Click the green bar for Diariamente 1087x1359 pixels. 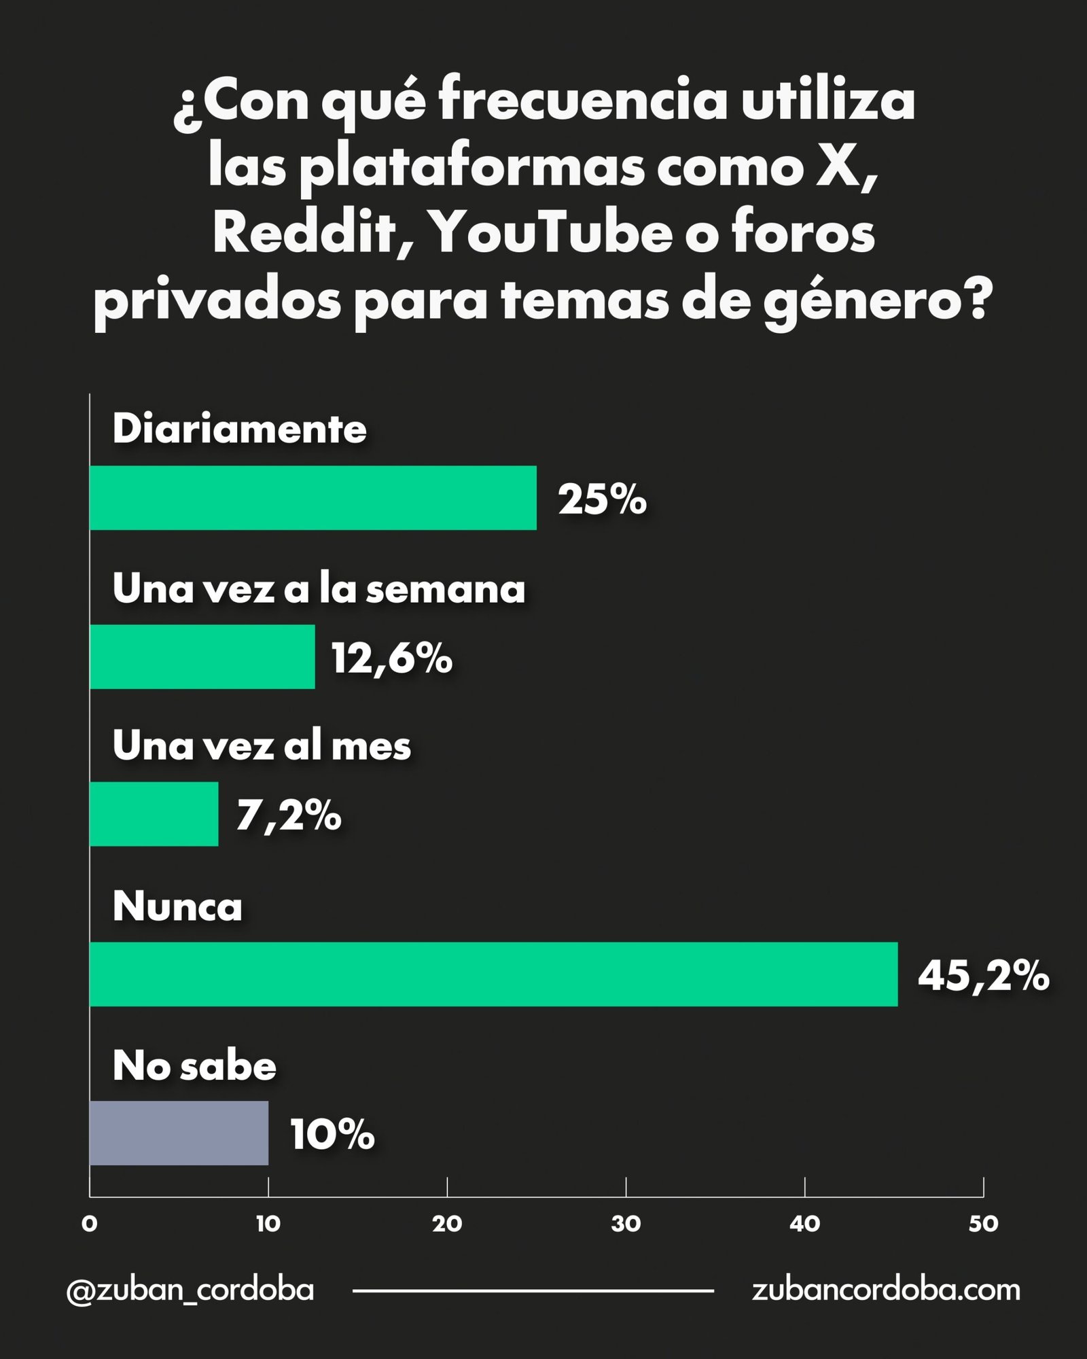[x=313, y=497]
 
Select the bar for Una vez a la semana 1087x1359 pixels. [x=202, y=656]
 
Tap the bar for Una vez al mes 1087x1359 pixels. [x=154, y=814]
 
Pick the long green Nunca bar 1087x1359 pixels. [x=494, y=974]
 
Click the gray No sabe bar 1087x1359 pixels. [x=179, y=1133]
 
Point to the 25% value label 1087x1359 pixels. [x=602, y=499]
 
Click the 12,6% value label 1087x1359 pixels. [x=392, y=659]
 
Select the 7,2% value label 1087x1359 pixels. [x=289, y=815]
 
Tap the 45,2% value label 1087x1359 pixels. [x=984, y=976]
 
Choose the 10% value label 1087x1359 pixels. [x=332, y=1135]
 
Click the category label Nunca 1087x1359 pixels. [x=177, y=906]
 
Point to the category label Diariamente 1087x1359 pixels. [x=240, y=429]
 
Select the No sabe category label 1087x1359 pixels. [x=194, y=1065]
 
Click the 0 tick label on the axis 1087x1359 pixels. [x=90, y=1224]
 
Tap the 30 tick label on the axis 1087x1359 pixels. [x=626, y=1224]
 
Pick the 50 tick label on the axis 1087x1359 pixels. [x=983, y=1224]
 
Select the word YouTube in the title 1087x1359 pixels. [x=550, y=233]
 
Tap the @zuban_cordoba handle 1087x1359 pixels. [x=190, y=1290]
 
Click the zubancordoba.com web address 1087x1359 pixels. [x=886, y=1290]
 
